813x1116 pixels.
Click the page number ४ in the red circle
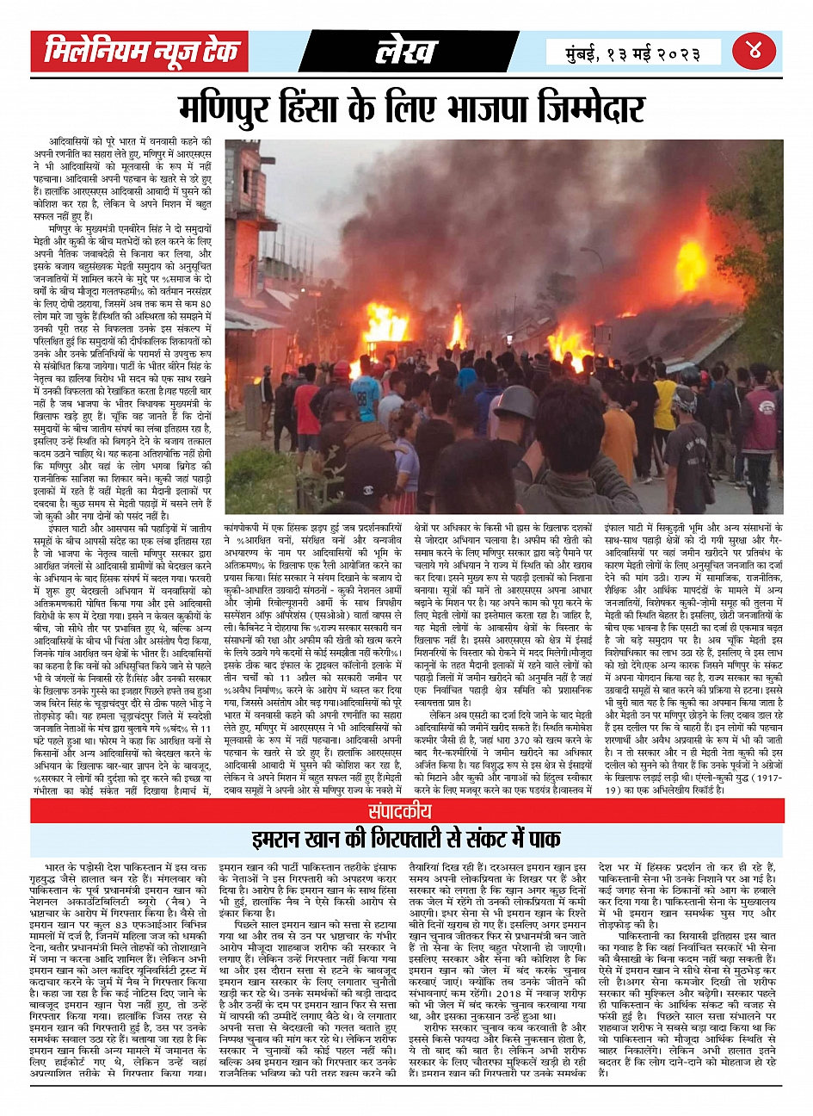754,51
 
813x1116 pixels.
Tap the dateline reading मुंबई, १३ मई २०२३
633,53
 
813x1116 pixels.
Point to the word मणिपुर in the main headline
228,110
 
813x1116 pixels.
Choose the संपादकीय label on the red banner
407,811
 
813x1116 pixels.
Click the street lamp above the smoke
584,252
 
